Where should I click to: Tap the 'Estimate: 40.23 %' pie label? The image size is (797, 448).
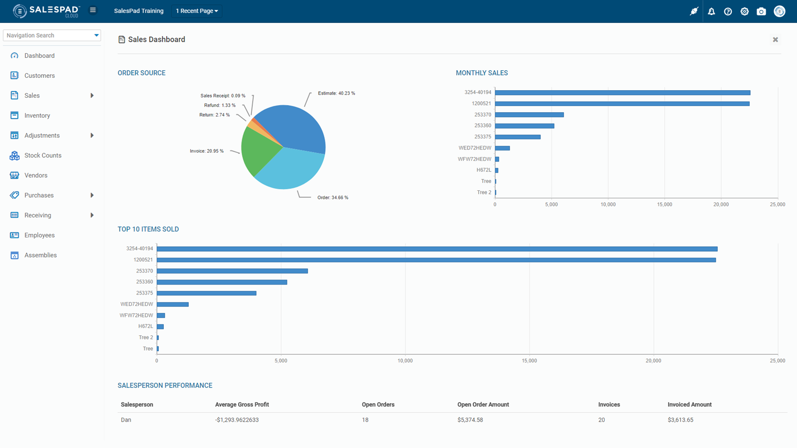click(336, 93)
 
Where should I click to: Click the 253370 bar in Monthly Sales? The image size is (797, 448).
click(529, 115)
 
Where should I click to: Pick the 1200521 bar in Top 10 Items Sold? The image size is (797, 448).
click(436, 260)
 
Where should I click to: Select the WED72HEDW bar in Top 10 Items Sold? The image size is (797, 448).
click(172, 304)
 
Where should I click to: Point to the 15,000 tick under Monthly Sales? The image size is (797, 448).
click(664, 204)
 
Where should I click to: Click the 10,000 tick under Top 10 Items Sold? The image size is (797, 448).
click(405, 361)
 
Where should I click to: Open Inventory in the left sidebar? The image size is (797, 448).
click(37, 116)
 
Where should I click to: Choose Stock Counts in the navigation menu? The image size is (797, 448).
click(43, 155)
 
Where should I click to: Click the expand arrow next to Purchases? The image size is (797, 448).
click(92, 195)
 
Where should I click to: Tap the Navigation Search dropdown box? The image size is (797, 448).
click(52, 35)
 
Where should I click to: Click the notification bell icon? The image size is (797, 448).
click(711, 11)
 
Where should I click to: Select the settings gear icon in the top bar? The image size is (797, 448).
click(745, 11)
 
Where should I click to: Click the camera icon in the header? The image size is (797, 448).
click(761, 11)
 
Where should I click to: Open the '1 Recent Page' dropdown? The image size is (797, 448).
click(197, 11)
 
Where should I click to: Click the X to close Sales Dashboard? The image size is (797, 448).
click(775, 40)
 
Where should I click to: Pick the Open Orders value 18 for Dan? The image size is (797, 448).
click(365, 420)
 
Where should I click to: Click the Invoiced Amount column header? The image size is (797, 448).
click(689, 405)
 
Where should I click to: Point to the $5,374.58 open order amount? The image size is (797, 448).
click(470, 420)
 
